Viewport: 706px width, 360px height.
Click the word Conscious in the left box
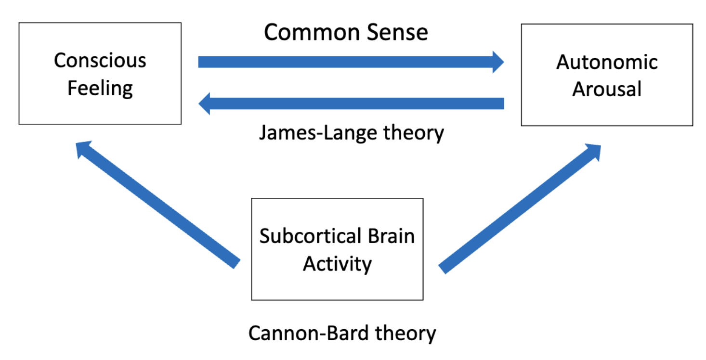coord(100,60)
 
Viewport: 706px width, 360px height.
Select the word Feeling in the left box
coord(100,89)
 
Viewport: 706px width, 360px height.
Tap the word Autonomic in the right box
coord(607,62)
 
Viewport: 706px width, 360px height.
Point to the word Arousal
coord(607,89)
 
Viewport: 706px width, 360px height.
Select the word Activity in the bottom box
coord(337,264)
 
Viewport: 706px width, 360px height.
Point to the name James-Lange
coord(318,133)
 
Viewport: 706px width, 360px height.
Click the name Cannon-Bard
coord(309,333)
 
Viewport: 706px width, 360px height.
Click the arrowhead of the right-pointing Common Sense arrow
coord(498,62)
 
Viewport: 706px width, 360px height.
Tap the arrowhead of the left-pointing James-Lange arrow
coord(204,103)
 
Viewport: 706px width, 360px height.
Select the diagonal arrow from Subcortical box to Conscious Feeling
coord(158,205)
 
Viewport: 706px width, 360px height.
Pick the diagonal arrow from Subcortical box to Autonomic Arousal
coord(520,209)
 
